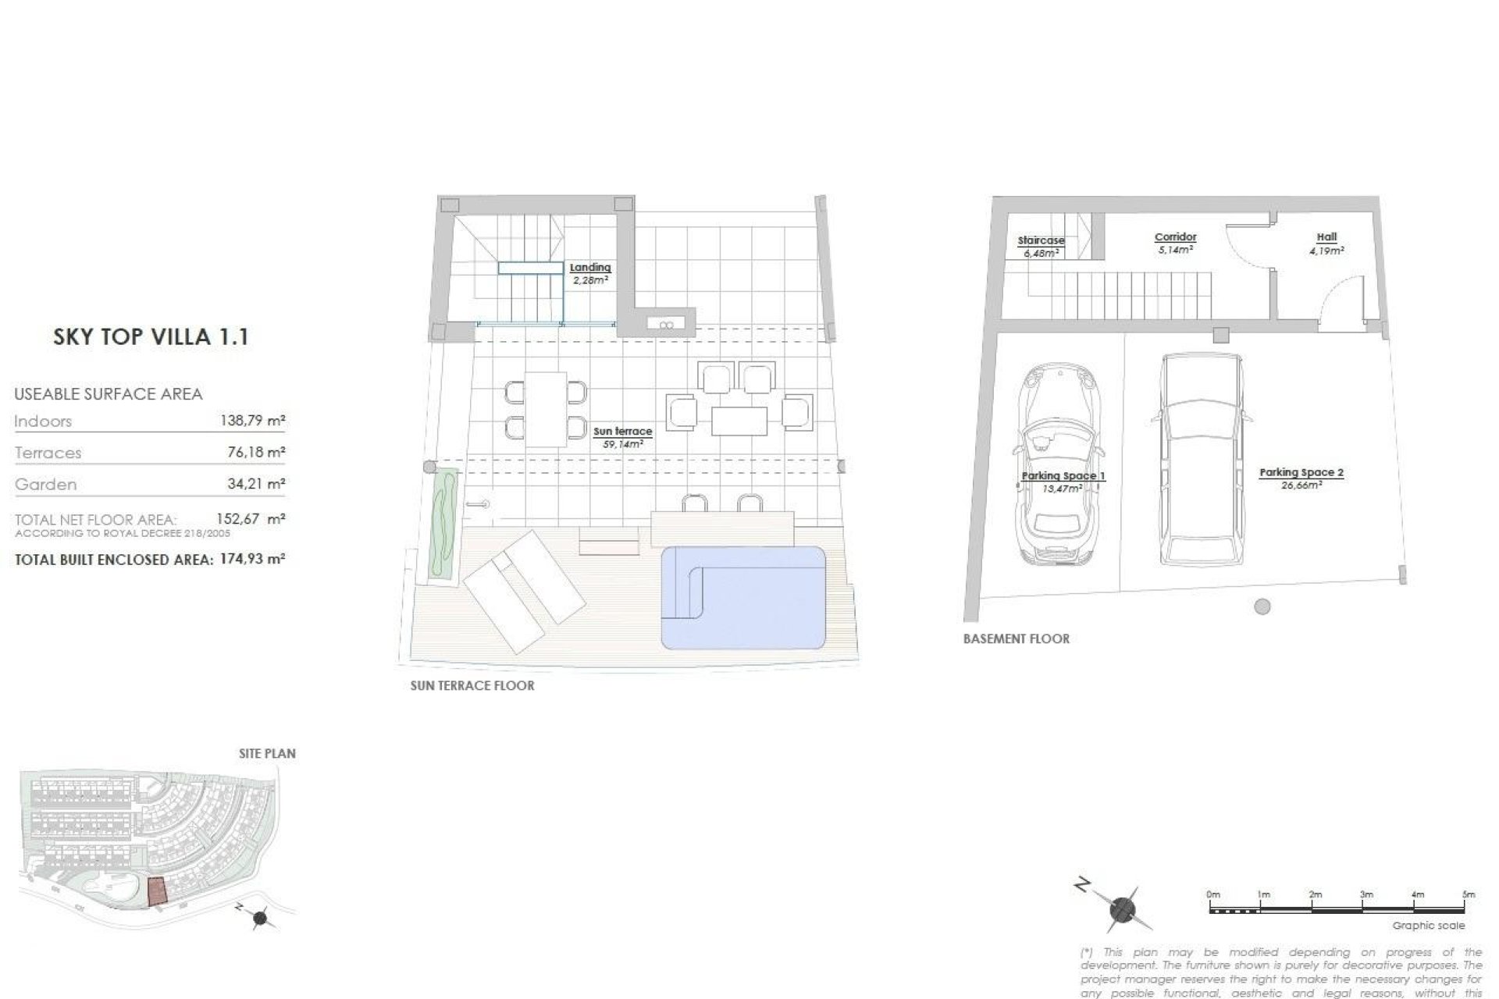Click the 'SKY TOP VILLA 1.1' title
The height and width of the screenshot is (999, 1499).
(151, 337)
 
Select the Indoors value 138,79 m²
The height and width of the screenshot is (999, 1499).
(253, 421)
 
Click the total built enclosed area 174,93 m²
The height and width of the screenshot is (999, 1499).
(251, 560)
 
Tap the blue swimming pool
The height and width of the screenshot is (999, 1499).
(743, 598)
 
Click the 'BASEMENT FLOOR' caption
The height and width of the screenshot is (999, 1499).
(1016, 639)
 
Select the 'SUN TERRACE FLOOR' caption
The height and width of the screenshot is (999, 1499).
(472, 686)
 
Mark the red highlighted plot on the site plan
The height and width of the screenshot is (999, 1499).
(158, 891)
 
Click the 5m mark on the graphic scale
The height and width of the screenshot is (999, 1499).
(1468, 894)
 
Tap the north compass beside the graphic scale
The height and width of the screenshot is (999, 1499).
(1122, 909)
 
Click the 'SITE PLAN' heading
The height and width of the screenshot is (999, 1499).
(267, 754)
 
